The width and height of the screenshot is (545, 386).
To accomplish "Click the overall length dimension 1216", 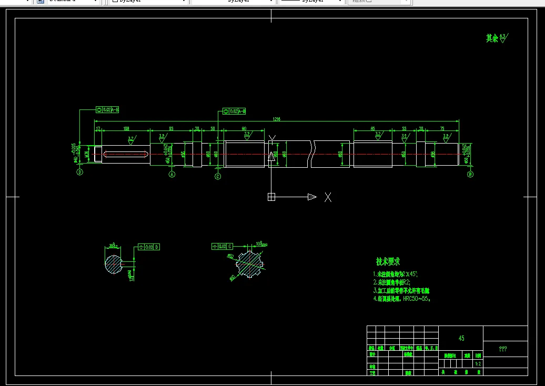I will pos(276,119).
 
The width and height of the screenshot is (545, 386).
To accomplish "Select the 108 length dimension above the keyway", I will pos(126,128).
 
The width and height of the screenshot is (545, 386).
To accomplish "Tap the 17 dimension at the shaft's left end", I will pos(98,128).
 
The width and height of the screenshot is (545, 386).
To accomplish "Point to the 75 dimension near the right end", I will pos(442,128).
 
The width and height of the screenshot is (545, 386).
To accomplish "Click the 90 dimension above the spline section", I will pos(244,128).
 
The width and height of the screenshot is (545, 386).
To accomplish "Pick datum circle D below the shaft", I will pos(80,172).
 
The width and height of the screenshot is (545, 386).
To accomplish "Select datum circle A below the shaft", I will pos(171,175).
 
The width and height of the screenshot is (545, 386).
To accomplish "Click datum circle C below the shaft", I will pos(218,177).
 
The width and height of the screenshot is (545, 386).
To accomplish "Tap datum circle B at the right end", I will pos(470,174).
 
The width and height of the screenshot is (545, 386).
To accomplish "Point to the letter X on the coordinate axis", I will pos(328,197).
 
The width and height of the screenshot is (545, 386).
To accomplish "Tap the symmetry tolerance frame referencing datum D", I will pos(148,247).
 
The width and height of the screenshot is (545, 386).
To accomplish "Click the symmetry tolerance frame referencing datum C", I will pos(222,246).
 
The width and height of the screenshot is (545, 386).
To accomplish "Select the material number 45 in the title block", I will pos(461,339).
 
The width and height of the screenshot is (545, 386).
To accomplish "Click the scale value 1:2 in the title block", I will pos(478,363).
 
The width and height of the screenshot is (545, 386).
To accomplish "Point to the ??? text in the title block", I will pos(503,349).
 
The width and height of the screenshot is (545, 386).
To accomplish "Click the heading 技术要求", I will pos(388,261).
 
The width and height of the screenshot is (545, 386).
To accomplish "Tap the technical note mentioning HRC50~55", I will pos(402,299).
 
